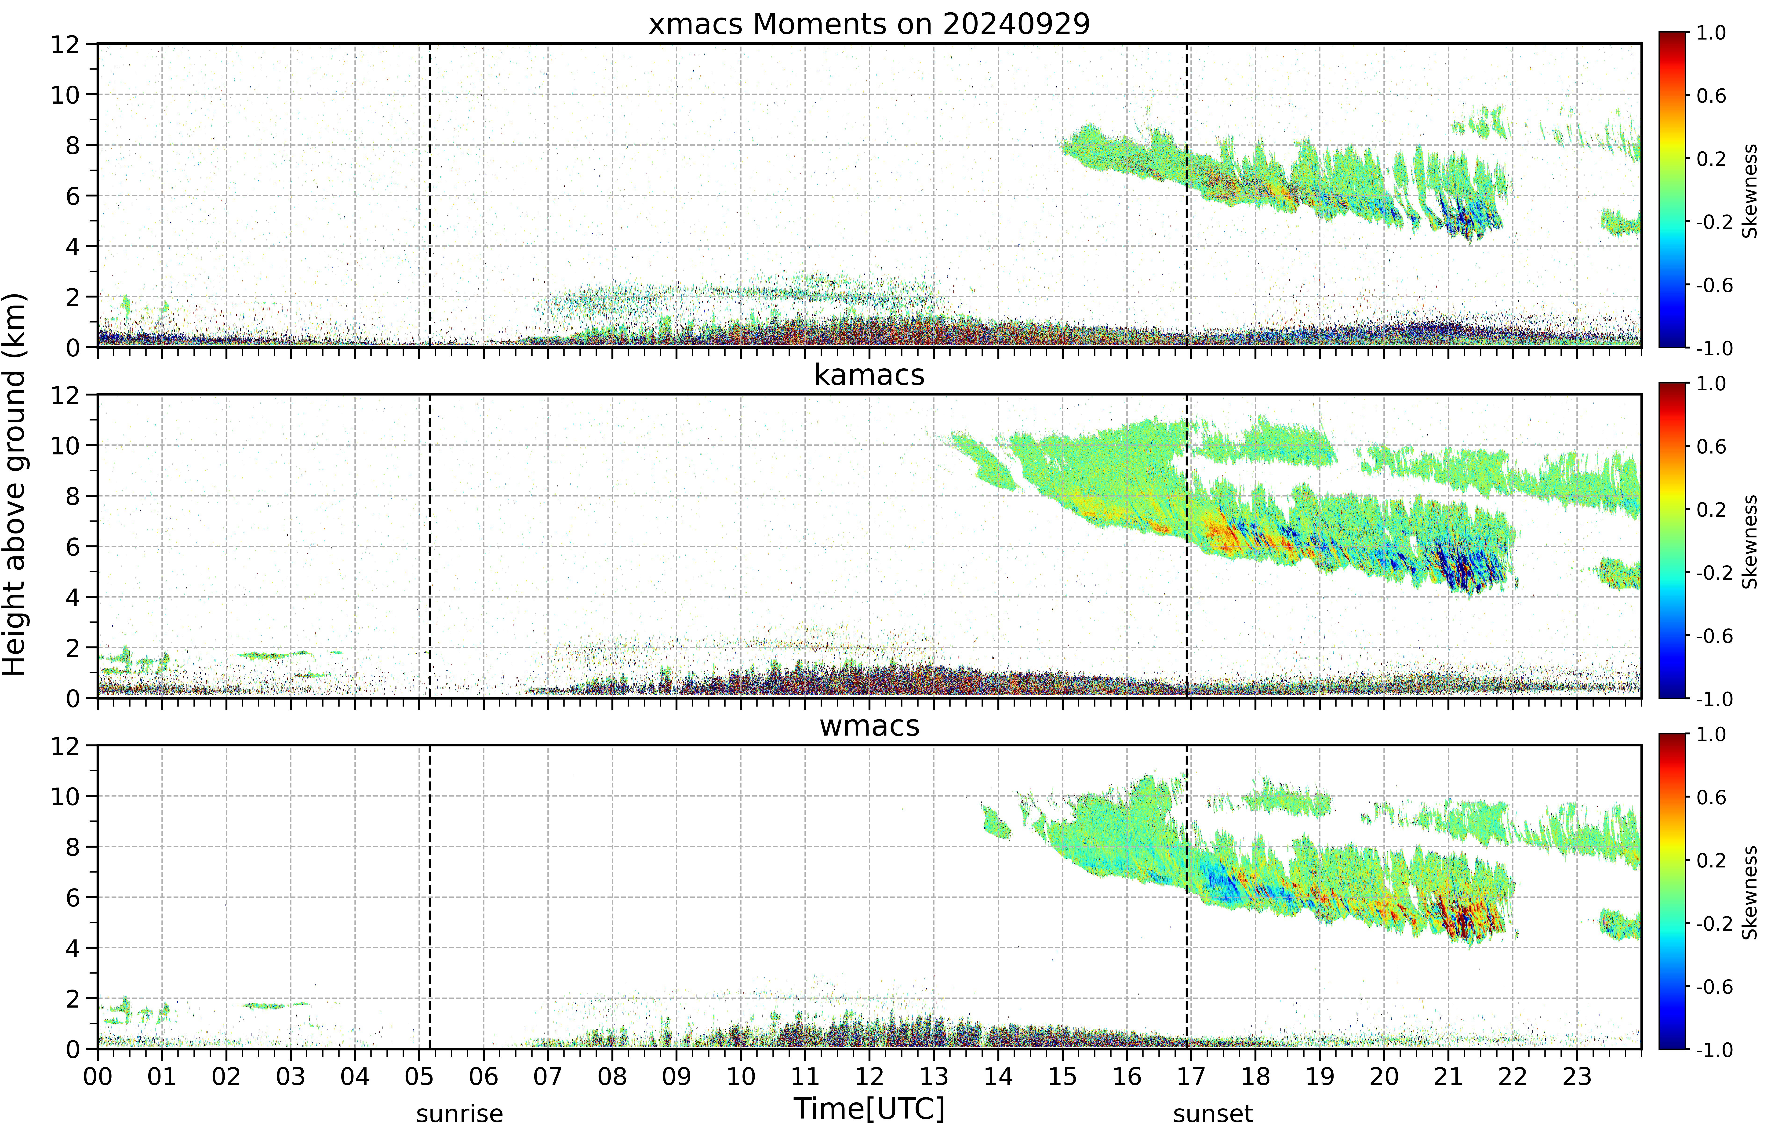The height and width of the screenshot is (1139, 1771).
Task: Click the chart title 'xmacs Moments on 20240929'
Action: (x=869, y=24)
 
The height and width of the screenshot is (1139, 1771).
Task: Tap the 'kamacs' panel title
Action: (x=869, y=375)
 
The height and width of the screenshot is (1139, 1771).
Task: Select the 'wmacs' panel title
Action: (x=869, y=725)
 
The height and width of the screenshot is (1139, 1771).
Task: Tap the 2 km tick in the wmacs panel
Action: (x=73, y=998)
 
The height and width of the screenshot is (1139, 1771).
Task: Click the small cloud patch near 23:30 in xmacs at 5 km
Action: (x=1620, y=222)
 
